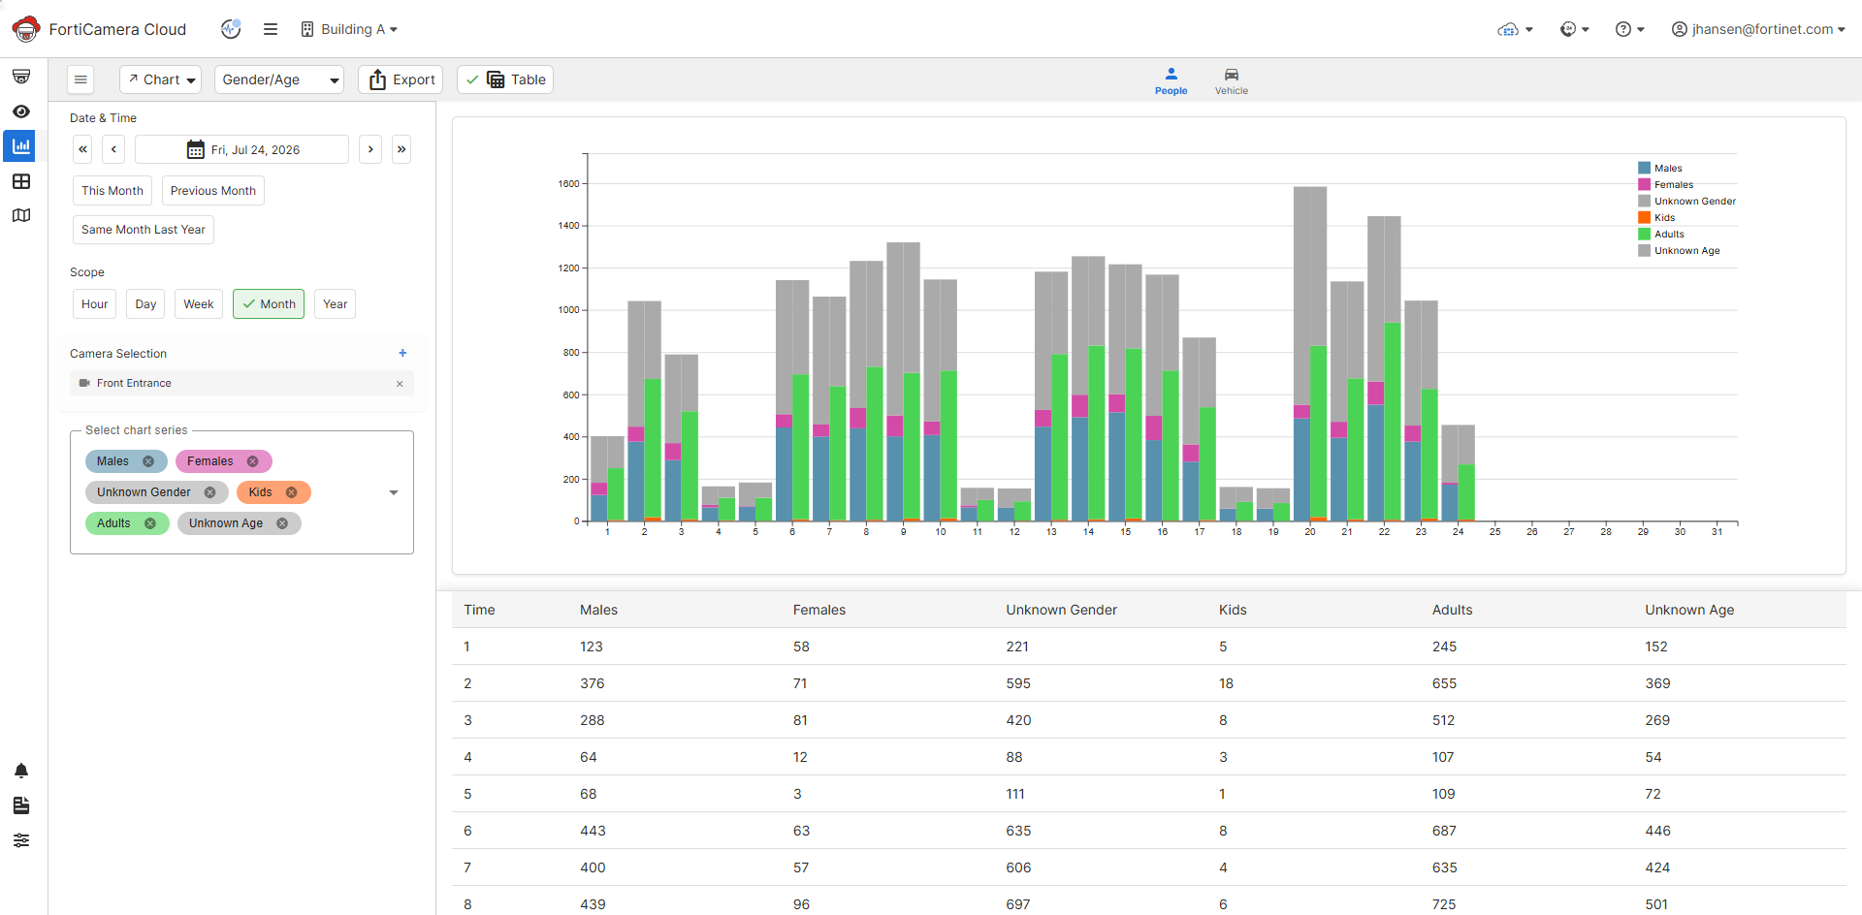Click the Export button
(401, 79)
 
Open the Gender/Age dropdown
(279, 79)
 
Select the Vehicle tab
(1232, 81)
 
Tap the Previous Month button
(213, 191)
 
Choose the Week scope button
(199, 304)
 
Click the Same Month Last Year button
(144, 230)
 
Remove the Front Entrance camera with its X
(400, 384)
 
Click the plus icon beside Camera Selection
(402, 353)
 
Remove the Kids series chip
(291, 492)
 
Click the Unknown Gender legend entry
(1687, 202)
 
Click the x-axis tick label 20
(1310, 532)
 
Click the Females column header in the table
(819, 610)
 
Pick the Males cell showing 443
(593, 831)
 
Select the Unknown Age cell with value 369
(1657, 683)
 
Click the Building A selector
(349, 29)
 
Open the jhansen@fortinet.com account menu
(1757, 29)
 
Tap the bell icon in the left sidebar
(21, 771)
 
